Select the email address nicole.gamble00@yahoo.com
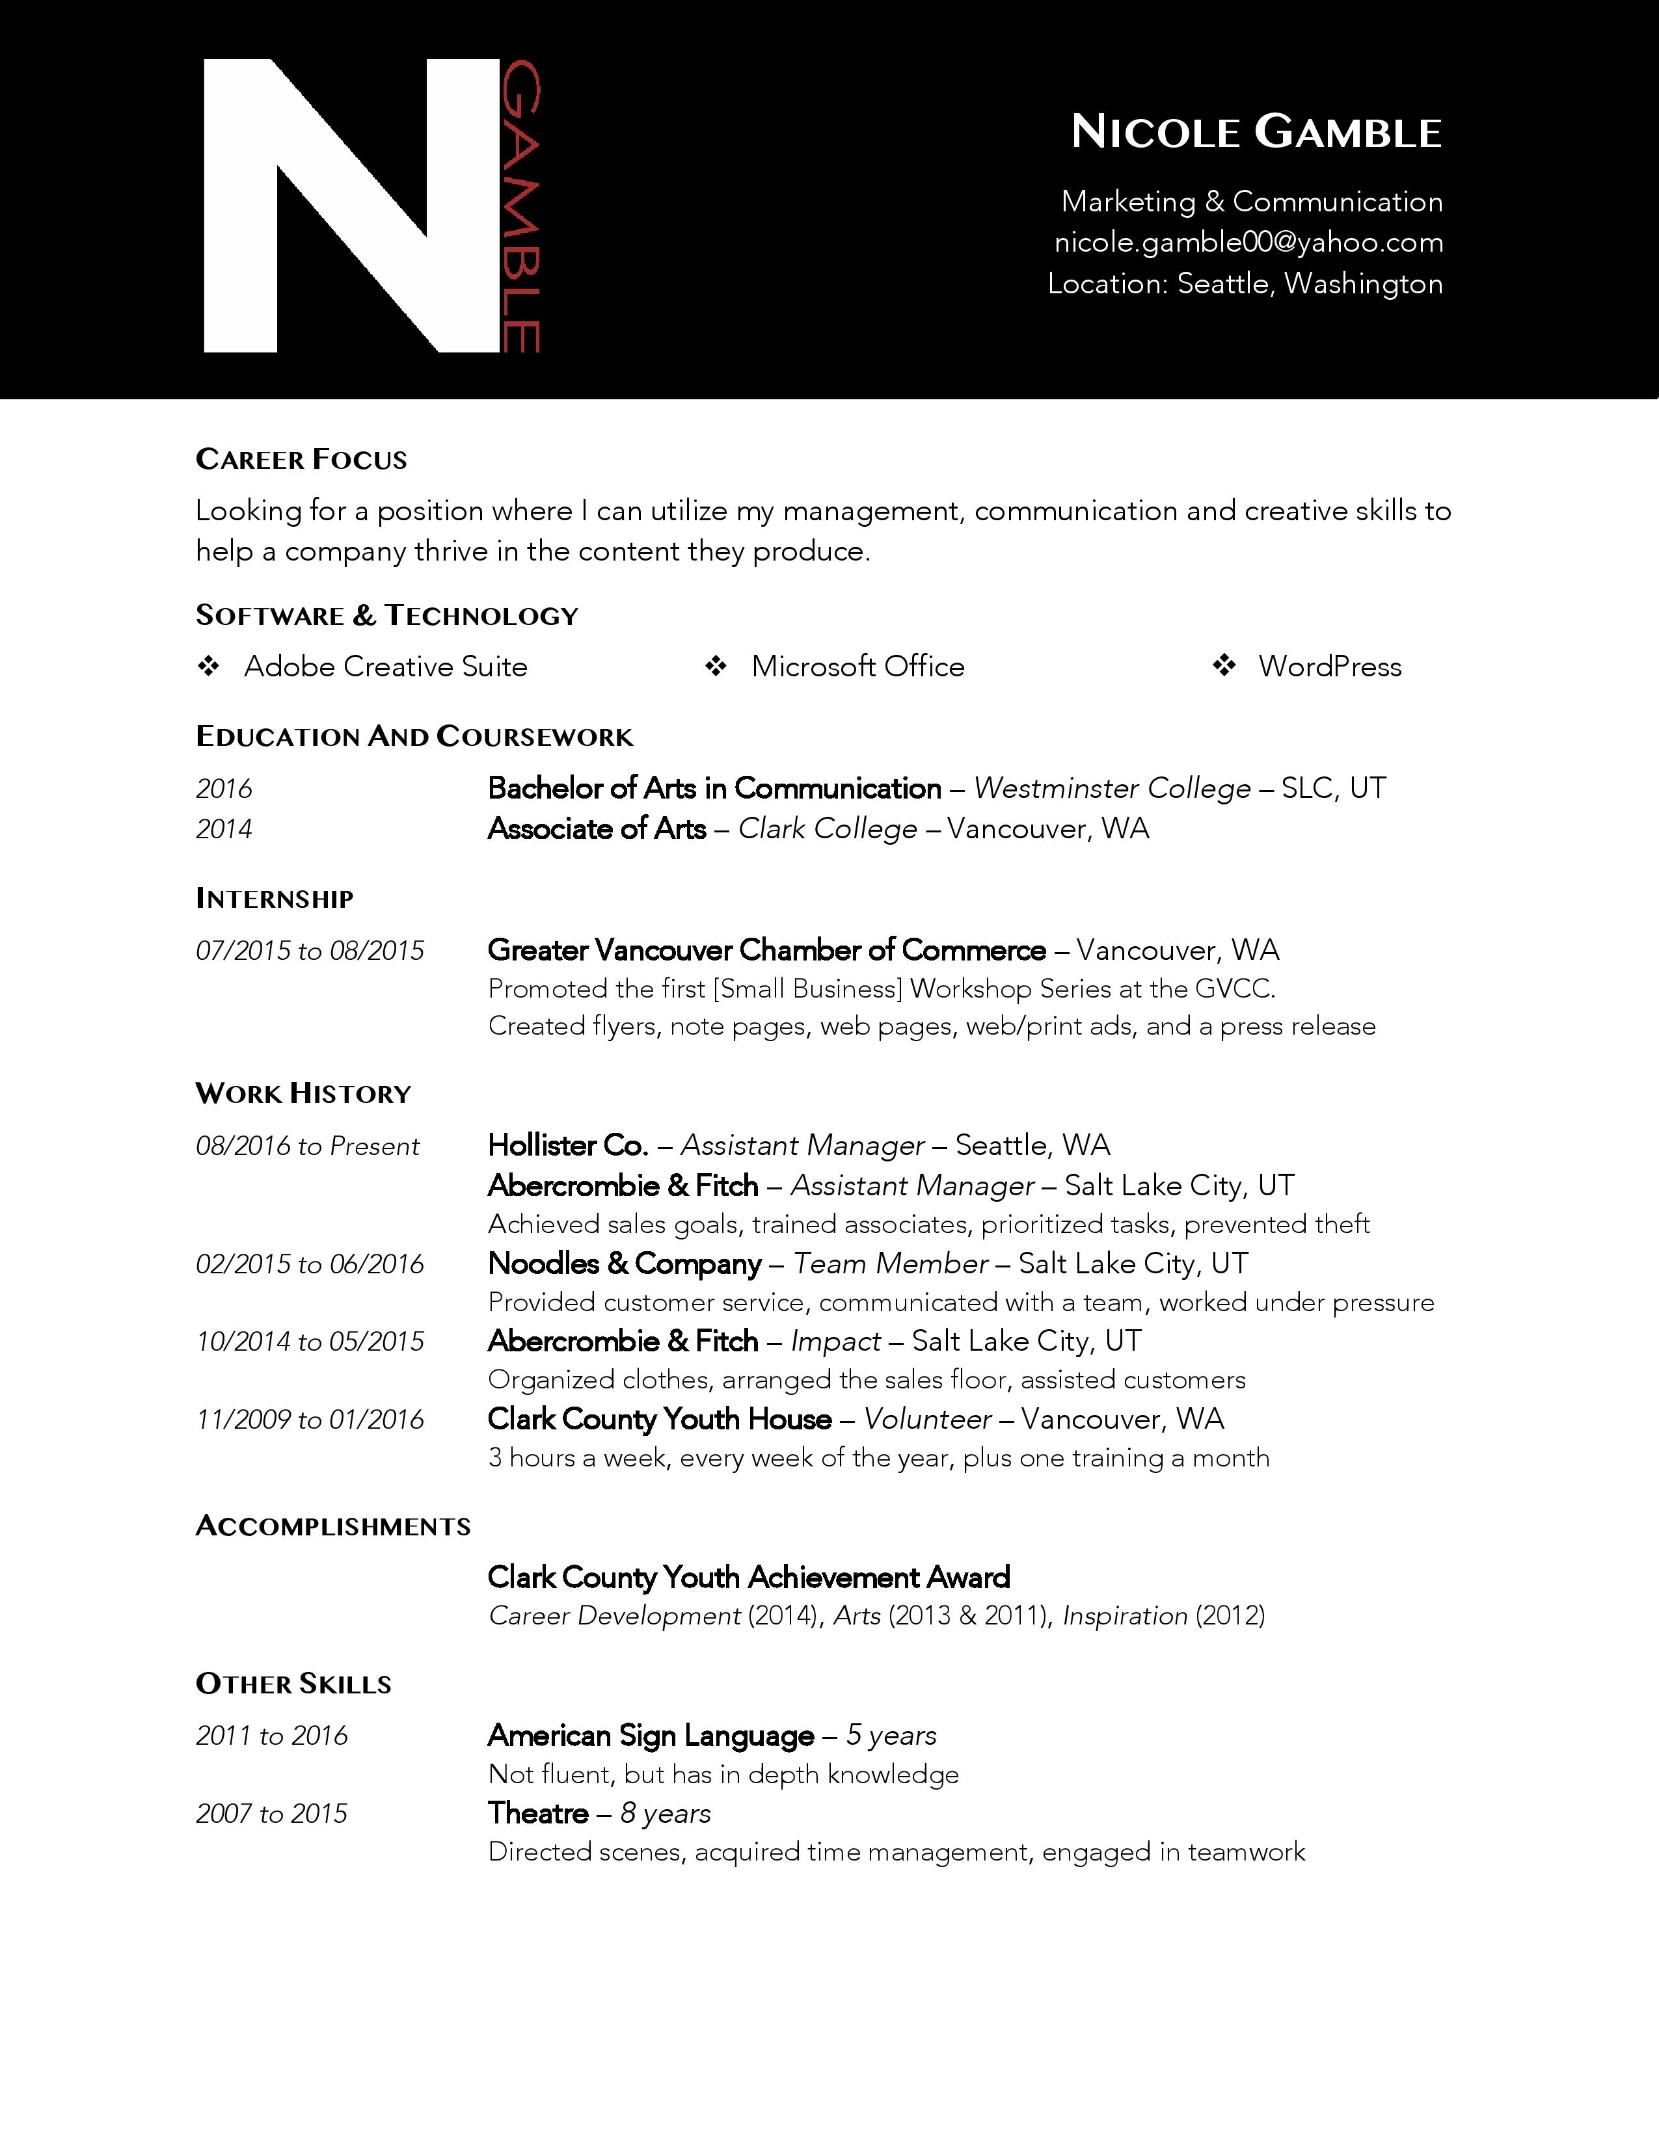point(1248,243)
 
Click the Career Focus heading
point(301,460)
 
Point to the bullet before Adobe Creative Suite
point(208,666)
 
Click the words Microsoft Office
point(857,666)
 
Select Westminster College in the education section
point(1112,788)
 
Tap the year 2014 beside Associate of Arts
point(224,829)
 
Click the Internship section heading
point(274,898)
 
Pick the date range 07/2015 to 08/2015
point(310,950)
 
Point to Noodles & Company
point(624,1264)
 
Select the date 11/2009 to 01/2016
point(310,1419)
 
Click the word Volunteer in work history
point(927,1419)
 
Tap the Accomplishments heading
point(333,1526)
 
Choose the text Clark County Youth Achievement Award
point(748,1577)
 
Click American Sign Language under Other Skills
point(651,1735)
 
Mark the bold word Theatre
point(537,1813)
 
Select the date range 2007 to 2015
point(271,1814)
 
